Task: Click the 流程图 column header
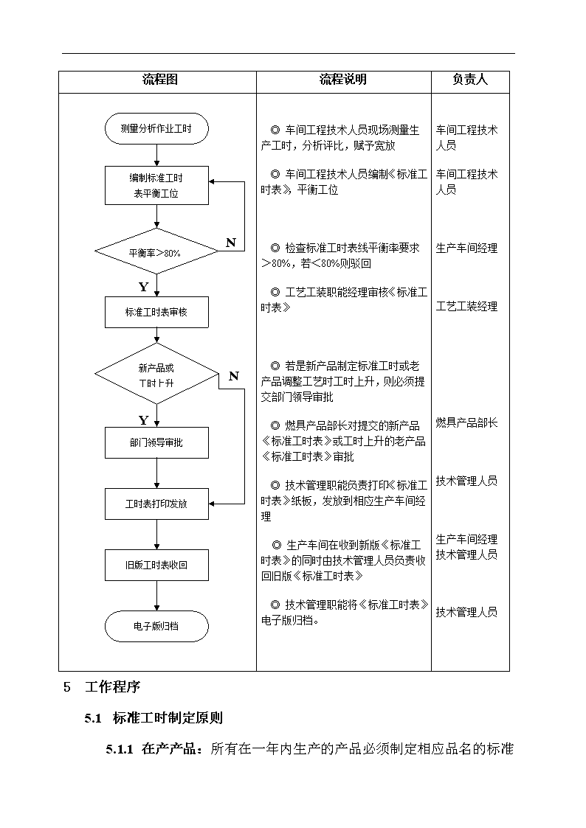click(x=159, y=80)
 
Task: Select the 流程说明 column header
click(x=343, y=80)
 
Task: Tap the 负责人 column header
click(x=469, y=80)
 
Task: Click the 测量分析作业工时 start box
click(x=156, y=128)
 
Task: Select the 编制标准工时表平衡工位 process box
click(x=156, y=185)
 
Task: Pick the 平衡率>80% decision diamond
click(x=156, y=252)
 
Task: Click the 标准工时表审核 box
click(x=156, y=312)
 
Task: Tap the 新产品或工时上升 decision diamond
click(x=156, y=374)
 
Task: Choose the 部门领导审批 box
click(x=156, y=442)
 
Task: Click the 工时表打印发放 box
click(x=156, y=504)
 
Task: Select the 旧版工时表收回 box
click(x=156, y=565)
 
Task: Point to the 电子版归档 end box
click(x=156, y=626)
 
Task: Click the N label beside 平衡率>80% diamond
click(x=231, y=243)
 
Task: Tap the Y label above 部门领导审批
click(x=143, y=420)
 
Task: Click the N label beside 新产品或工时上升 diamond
click(x=233, y=376)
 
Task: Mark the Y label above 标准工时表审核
click(x=143, y=287)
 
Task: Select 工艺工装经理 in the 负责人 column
click(x=466, y=306)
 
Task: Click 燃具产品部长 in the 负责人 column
click(x=466, y=422)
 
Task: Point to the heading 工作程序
click(x=112, y=687)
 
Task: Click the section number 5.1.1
click(x=120, y=749)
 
